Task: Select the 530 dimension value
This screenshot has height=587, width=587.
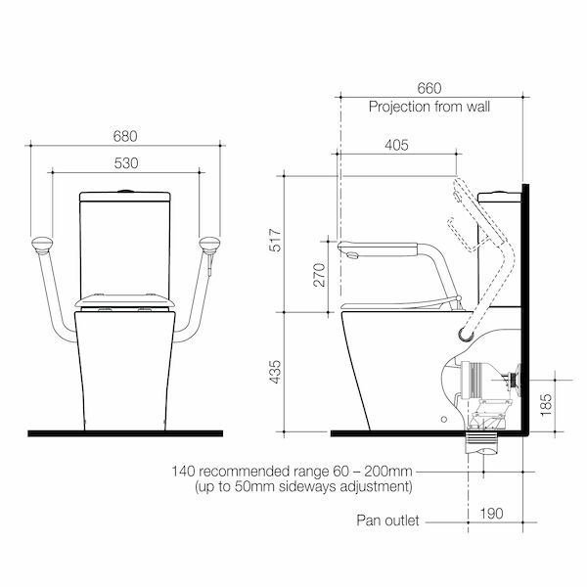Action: coord(125,162)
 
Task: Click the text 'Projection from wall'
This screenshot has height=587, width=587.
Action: coord(429,107)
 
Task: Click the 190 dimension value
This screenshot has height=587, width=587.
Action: coord(492,513)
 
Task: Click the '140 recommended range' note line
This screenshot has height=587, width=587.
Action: coord(293,471)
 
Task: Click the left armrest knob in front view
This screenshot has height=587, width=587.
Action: coord(42,244)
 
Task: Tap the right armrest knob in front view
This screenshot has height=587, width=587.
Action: coord(208,244)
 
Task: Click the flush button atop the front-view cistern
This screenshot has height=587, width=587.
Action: coord(125,189)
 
